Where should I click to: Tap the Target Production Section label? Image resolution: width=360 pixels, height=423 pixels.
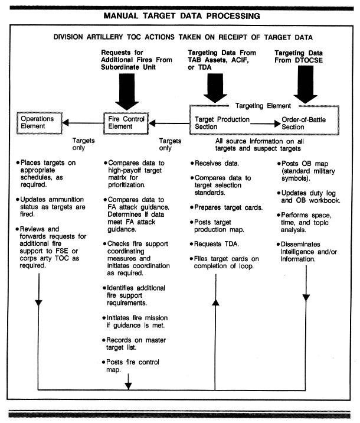tap(222, 123)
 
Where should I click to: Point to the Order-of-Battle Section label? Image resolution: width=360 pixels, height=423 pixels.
tap(303, 123)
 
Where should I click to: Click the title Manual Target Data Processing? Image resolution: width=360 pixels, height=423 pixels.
tap(182, 16)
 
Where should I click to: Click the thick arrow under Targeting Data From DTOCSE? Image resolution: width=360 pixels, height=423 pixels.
tap(305, 84)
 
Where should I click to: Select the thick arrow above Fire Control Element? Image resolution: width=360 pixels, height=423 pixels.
tap(127, 92)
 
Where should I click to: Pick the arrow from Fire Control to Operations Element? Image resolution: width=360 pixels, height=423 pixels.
tap(83, 123)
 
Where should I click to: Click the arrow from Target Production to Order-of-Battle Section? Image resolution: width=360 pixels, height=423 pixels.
tap(266, 123)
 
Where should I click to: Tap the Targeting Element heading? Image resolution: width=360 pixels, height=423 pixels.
tap(263, 106)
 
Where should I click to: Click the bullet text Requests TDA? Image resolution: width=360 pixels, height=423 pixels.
tap(214, 244)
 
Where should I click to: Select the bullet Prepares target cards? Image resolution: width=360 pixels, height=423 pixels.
tap(226, 207)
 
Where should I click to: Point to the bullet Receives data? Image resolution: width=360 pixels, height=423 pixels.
tap(214, 163)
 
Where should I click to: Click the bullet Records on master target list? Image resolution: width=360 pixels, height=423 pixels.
tap(134, 344)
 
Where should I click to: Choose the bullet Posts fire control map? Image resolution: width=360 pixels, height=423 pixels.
tap(130, 366)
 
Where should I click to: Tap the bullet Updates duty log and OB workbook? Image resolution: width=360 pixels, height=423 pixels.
tap(309, 197)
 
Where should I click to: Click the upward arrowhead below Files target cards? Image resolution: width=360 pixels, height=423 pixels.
tap(215, 302)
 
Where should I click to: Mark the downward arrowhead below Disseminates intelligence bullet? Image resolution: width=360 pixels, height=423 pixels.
tap(306, 298)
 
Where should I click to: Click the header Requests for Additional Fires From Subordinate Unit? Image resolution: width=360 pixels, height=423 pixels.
tap(136, 60)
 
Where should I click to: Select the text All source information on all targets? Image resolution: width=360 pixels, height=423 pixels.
tap(259, 145)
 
